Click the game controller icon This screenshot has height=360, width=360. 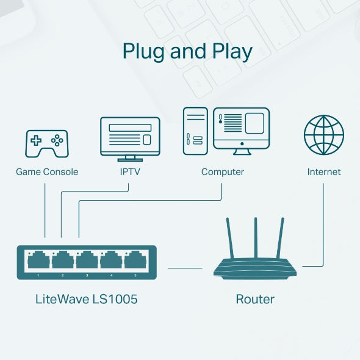(x=46, y=143)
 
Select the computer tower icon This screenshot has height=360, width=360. (x=196, y=131)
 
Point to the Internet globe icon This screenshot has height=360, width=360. (x=324, y=135)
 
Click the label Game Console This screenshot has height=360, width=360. (x=47, y=172)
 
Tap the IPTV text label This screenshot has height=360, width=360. (x=130, y=172)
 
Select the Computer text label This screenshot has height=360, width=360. (x=223, y=172)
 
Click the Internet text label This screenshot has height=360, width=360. (x=324, y=172)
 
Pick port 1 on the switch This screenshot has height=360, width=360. (x=38, y=261)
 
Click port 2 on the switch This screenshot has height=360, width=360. (x=62, y=261)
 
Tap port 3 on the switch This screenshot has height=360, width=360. (x=87, y=261)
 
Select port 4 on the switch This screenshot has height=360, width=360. (x=111, y=261)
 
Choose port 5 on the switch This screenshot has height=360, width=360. (x=135, y=261)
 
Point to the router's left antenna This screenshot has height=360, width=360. (x=229, y=238)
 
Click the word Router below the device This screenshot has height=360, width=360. (x=255, y=300)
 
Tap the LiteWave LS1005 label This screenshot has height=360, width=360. (x=87, y=300)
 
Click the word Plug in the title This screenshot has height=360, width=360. (x=144, y=52)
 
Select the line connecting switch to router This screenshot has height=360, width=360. (x=185, y=267)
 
